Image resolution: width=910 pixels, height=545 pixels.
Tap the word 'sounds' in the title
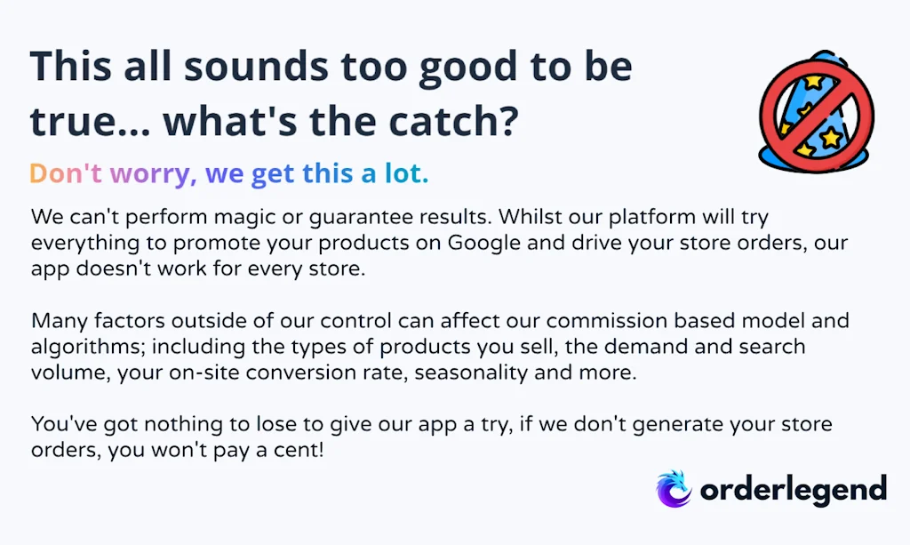coord(257,66)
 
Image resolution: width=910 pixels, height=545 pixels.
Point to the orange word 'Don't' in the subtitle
coord(66,172)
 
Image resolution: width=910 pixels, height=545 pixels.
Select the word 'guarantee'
coord(361,218)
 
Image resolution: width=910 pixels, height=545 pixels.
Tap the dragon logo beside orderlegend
coord(674,489)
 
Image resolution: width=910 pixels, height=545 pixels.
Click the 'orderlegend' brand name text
coord(794,489)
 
